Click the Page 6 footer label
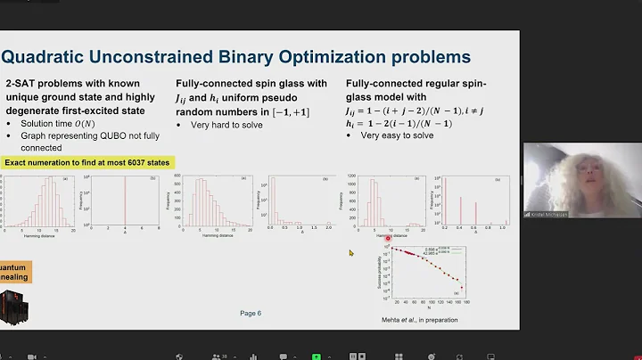coord(251,313)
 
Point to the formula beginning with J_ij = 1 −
coord(410,111)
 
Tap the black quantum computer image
coord(11,305)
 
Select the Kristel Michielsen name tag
coord(551,214)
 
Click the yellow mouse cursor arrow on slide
coord(351,253)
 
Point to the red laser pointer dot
coord(388,238)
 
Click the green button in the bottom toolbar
coord(317,355)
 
